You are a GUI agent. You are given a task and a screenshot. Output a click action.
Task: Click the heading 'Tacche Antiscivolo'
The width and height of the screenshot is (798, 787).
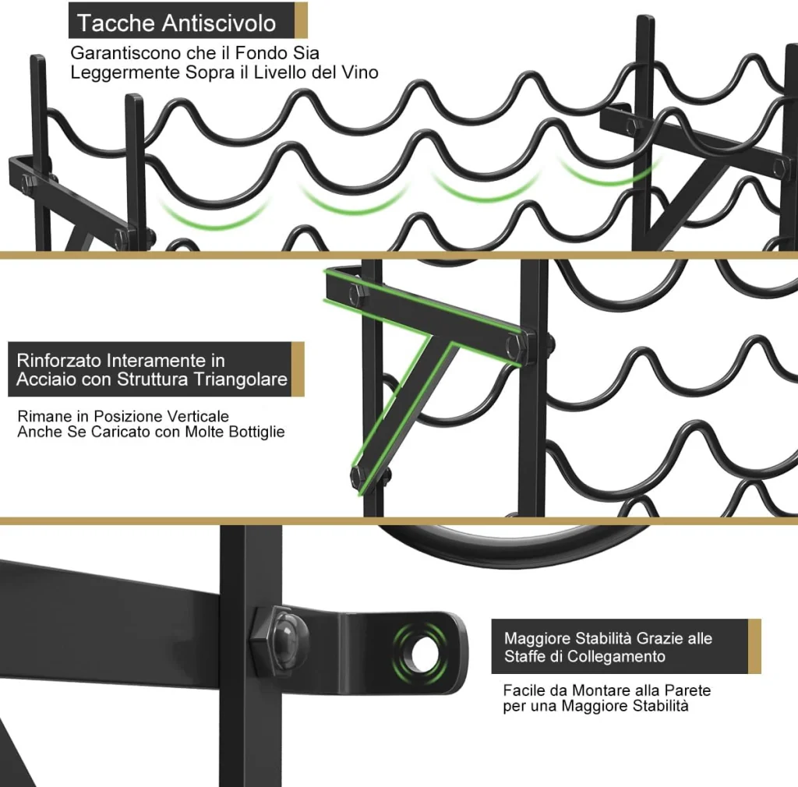pyautogui.click(x=176, y=23)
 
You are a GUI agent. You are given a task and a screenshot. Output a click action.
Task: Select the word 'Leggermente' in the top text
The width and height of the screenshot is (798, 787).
pyautogui.click(x=125, y=72)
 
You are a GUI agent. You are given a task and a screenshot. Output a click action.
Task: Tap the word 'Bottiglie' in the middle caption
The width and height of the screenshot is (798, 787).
pyautogui.click(x=256, y=432)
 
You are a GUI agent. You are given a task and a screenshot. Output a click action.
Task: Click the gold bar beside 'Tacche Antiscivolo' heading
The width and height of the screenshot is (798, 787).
pyautogui.click(x=301, y=20)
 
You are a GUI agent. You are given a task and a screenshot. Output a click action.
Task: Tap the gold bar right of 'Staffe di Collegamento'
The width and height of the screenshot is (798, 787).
pyautogui.click(x=754, y=646)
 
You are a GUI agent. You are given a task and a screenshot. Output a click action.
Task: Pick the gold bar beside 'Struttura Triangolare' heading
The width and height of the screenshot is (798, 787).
pyautogui.click(x=298, y=369)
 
